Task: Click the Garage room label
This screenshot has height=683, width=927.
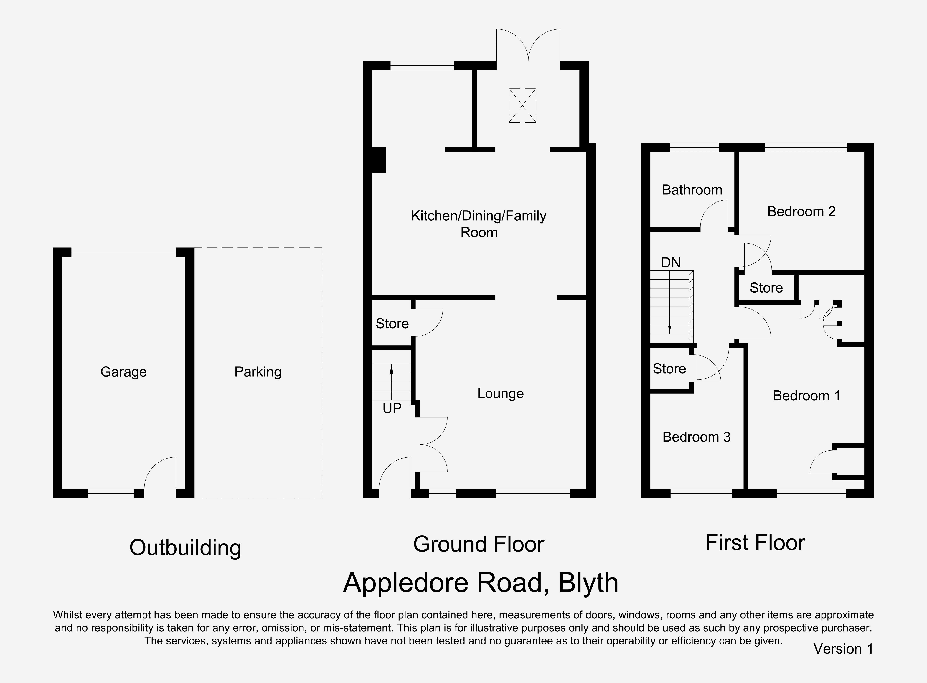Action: (x=123, y=372)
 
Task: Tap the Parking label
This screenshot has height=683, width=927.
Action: (x=258, y=372)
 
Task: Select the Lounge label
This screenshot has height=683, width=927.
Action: (x=500, y=393)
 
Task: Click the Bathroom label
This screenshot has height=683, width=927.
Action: (x=692, y=190)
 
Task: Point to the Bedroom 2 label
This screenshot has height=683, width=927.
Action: (x=801, y=211)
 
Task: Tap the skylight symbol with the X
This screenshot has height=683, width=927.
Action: (x=522, y=105)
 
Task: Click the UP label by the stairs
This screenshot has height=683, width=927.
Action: (x=392, y=409)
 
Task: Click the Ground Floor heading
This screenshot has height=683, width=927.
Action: (x=478, y=544)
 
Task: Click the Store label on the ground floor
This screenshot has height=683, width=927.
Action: (x=392, y=323)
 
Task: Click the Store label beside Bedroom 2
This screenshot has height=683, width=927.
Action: (x=766, y=288)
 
